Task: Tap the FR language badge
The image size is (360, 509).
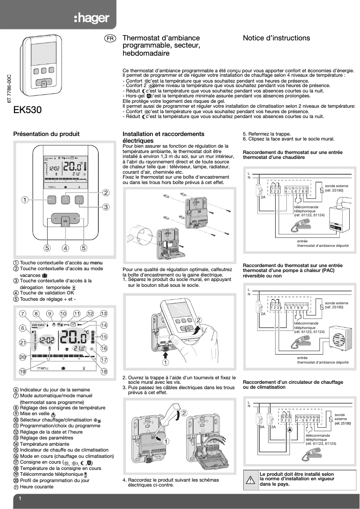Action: coord(110,39)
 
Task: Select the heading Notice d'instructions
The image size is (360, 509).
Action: coord(276,39)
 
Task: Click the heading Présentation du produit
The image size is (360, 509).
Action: coord(46,134)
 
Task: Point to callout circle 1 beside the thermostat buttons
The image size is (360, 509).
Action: coord(26,199)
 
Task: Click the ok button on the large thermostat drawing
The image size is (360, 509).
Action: coord(66,221)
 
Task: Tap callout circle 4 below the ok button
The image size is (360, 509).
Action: coord(66,247)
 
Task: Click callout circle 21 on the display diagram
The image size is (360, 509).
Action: coord(22,342)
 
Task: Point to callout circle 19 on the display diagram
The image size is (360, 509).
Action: coord(22,372)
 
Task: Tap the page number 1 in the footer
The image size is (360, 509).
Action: coord(21,499)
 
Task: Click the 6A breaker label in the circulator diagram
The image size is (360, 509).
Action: coord(262,427)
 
